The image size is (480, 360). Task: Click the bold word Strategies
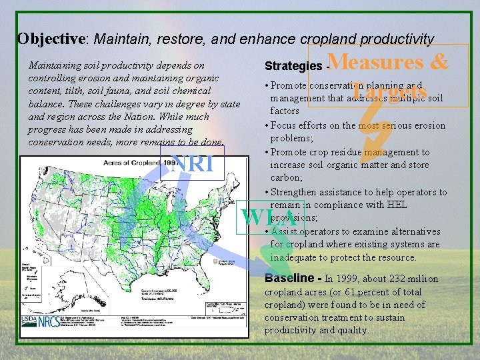point(293,67)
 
